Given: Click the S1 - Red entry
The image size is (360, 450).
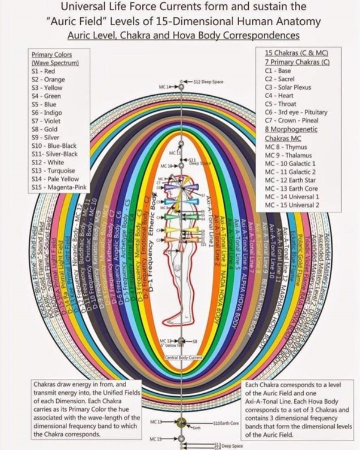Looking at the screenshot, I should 43,71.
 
